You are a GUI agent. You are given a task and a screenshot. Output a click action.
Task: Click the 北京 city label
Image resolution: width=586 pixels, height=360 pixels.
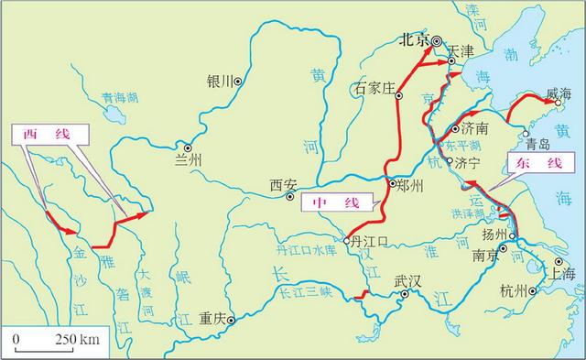coord(415,39)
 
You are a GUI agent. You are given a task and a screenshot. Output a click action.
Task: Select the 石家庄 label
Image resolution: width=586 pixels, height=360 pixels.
coord(374,90)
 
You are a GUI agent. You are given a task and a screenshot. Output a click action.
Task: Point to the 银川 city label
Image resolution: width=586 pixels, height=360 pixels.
coord(221,81)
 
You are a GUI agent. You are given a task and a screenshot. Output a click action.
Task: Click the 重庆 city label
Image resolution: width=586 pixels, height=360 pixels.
coord(212,320)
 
